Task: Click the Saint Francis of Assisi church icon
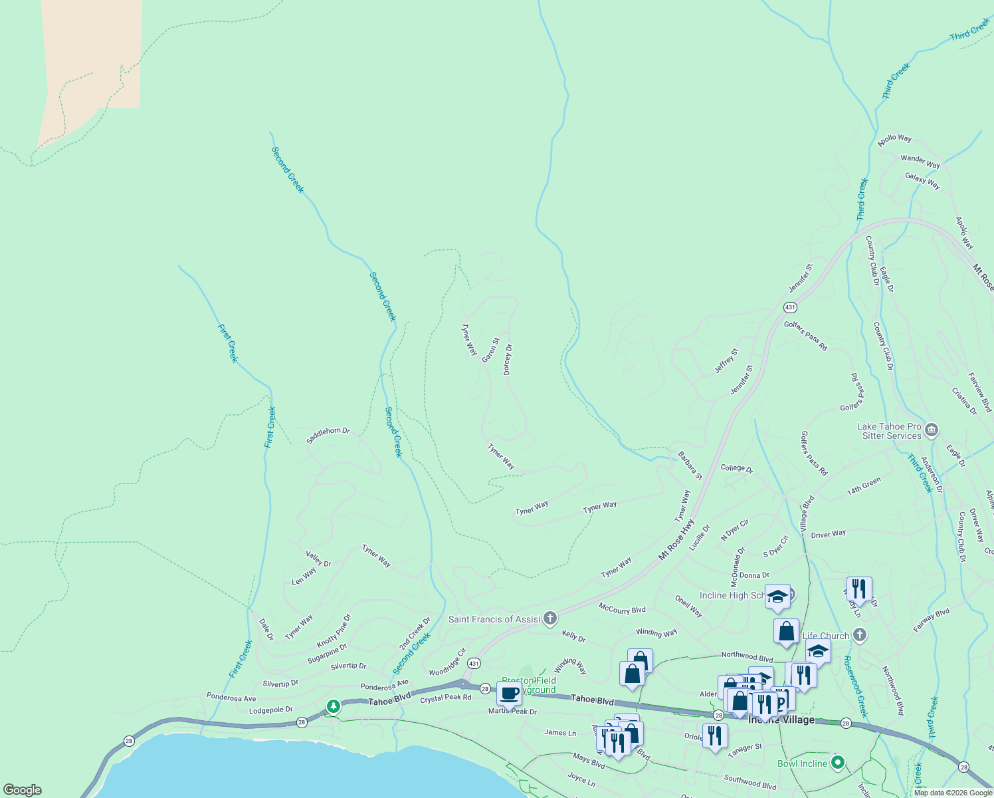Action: (549, 619)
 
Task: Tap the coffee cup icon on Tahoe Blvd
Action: (509, 693)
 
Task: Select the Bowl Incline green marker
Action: (838, 763)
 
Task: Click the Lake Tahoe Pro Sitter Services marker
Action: (931, 430)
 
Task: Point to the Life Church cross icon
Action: (860, 635)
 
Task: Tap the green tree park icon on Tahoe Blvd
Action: (333, 706)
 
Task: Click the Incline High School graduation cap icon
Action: (777, 597)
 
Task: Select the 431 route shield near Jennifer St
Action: (790, 307)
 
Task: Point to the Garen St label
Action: (490, 350)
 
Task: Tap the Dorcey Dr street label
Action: (508, 359)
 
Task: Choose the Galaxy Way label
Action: (922, 180)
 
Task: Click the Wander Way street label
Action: (920, 161)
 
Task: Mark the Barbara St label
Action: (690, 465)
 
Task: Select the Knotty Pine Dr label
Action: (334, 631)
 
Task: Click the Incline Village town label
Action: (781, 720)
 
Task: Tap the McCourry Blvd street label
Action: (622, 609)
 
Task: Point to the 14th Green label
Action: (864, 486)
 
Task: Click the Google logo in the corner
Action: (22, 790)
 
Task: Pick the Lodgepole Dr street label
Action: (270, 710)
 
